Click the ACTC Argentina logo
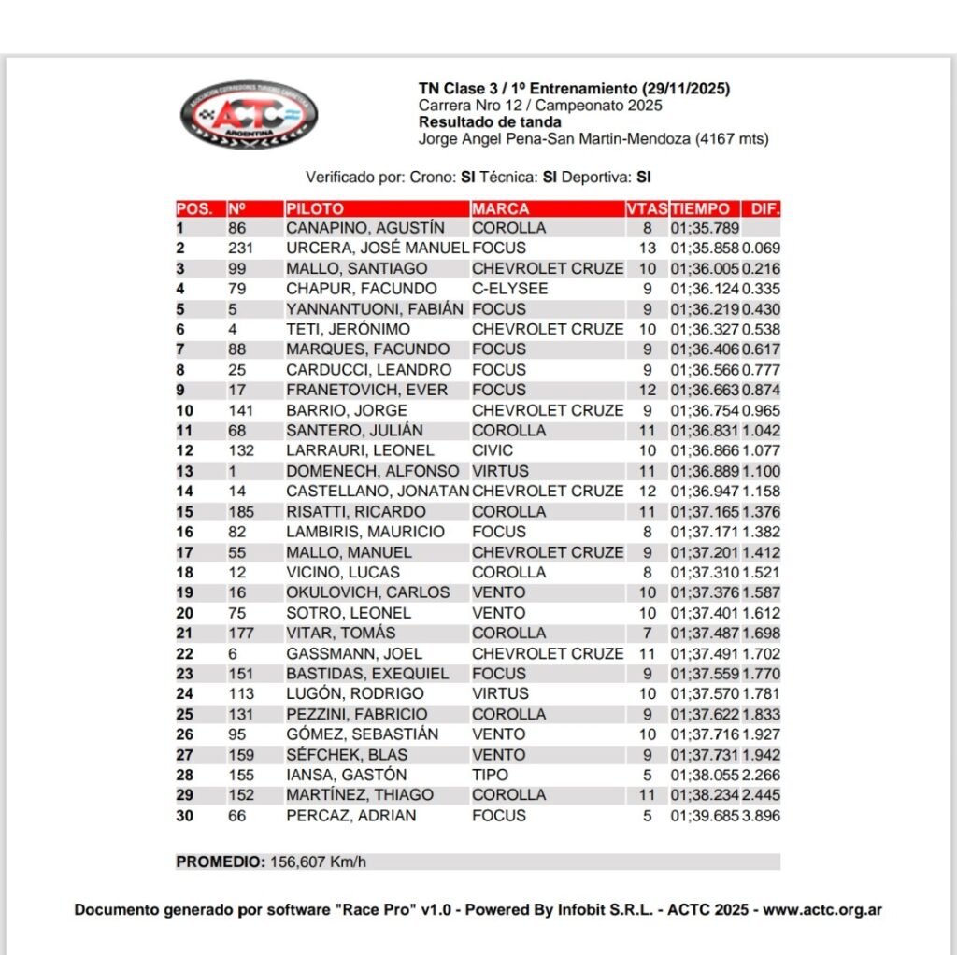tap(248, 113)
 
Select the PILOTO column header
tap(315, 208)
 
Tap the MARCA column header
tap(501, 208)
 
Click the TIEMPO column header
tap(701, 208)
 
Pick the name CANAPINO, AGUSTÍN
tap(365, 228)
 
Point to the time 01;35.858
tap(705, 249)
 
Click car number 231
tap(241, 249)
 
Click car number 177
tap(241, 634)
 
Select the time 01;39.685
tap(705, 816)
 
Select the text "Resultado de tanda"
tap(490, 121)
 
